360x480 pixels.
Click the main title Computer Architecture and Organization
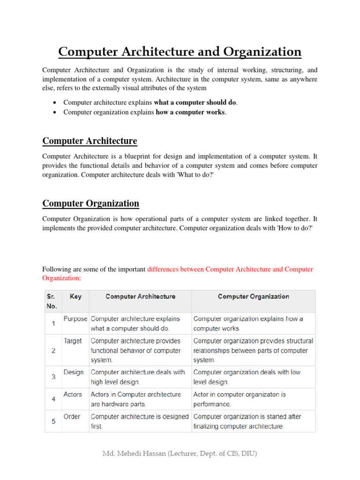tap(180, 51)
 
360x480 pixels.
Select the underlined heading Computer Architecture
tap(90, 141)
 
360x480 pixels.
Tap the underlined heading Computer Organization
tap(90, 203)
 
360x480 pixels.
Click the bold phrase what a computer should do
tap(195, 102)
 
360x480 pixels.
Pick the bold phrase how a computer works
tap(190, 112)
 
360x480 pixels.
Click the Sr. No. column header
tap(52, 301)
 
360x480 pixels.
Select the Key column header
tap(75, 297)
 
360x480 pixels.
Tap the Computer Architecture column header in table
tap(140, 297)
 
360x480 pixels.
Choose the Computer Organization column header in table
tap(253, 297)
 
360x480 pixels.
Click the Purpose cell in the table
tap(75, 319)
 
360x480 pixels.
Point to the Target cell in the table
tap(73, 341)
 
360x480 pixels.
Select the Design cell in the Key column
tap(74, 372)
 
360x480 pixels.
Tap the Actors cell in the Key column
tap(73, 394)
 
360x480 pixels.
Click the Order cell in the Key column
tap(72, 416)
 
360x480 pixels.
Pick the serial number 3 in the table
tap(53, 377)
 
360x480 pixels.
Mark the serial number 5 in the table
tap(53, 421)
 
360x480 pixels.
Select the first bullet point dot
tap(55, 103)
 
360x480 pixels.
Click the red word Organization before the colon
tap(60, 278)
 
